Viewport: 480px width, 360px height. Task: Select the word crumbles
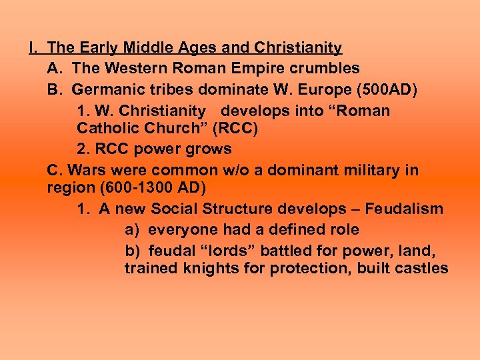[327, 68]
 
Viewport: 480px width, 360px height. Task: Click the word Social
[175, 209]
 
